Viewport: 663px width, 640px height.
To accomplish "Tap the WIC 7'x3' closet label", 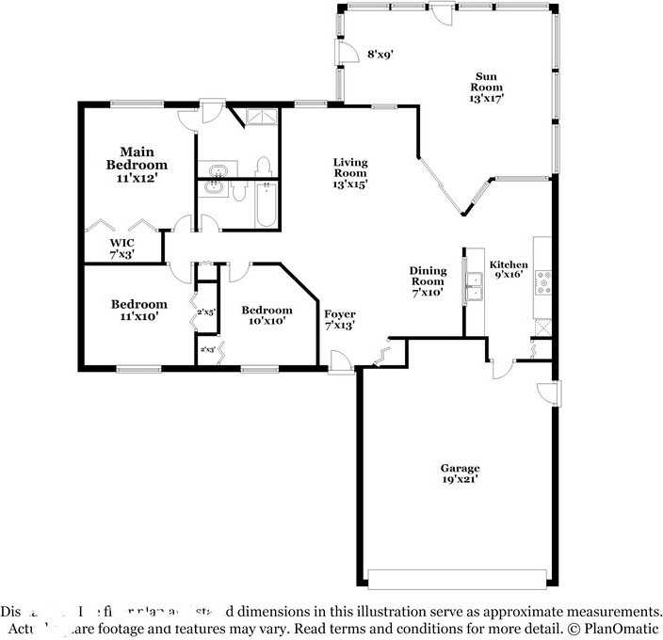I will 122,248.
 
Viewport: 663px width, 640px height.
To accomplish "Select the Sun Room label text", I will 486,88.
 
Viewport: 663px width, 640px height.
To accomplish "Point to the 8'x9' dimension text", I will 380,54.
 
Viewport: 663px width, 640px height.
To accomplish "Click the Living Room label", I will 349,173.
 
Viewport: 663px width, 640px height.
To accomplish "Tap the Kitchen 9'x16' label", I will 509,270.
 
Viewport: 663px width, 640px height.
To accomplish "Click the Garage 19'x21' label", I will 460,473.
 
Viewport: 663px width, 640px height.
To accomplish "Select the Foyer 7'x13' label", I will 340,320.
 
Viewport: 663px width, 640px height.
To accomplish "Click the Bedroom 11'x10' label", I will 138,311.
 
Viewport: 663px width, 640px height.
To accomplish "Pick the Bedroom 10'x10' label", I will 265,316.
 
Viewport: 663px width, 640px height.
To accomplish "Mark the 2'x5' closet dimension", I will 206,312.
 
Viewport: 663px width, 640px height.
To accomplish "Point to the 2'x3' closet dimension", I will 206,349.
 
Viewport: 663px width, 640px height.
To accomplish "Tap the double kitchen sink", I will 474,285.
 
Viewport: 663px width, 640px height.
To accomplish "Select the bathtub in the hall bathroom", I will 265,205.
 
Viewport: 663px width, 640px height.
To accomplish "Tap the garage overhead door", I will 459,578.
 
